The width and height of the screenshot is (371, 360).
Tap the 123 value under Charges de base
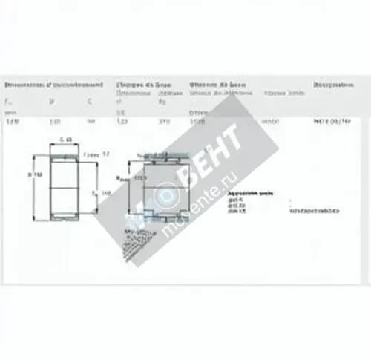click(x=122, y=120)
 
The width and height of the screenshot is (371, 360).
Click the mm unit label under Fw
click(x=9, y=111)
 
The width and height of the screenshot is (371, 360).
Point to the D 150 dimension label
click(x=35, y=174)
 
